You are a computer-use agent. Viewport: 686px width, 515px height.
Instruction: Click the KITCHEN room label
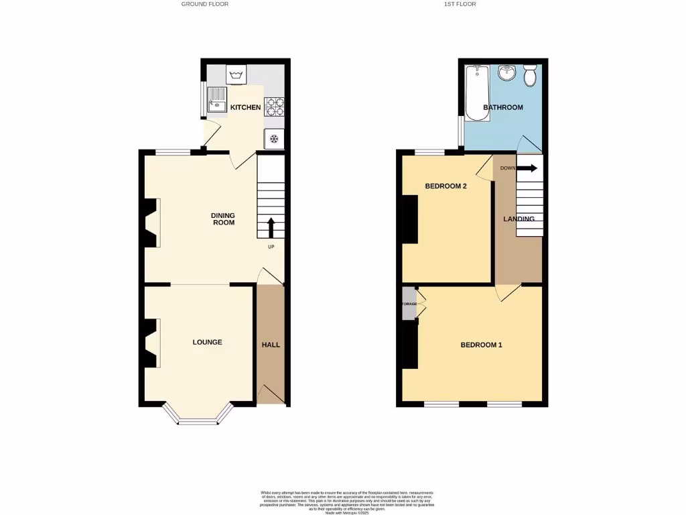[x=245, y=107]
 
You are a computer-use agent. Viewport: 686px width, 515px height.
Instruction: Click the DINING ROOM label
[x=223, y=219]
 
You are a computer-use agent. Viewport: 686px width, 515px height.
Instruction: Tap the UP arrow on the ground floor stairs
[x=271, y=228]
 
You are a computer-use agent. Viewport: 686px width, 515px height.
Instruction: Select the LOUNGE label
[x=207, y=342]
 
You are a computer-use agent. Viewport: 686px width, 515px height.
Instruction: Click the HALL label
[x=271, y=345]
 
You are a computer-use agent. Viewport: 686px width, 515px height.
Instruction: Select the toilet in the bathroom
[x=530, y=74]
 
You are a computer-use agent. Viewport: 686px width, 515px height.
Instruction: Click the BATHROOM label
[x=503, y=107]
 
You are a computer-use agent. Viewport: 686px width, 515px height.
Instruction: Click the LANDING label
[x=519, y=219]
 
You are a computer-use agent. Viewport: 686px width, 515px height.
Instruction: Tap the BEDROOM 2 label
[x=445, y=186]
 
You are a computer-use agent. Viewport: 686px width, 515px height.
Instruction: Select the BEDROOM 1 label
[x=481, y=345]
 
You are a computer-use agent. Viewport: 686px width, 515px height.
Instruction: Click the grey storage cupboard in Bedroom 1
[x=409, y=304]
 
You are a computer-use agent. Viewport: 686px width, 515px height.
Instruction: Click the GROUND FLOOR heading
[x=204, y=4]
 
